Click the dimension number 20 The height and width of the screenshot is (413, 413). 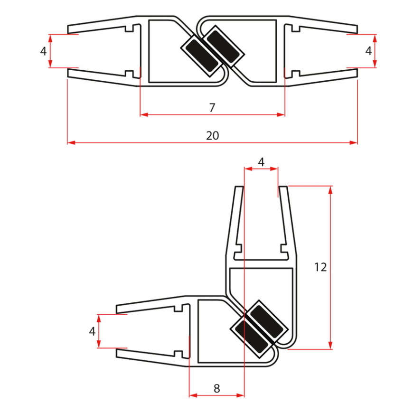pyautogui.click(x=212, y=135)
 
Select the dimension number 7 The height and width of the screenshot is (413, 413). pyautogui.click(x=212, y=108)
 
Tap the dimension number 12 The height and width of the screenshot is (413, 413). pyautogui.click(x=320, y=267)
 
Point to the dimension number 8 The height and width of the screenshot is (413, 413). pyautogui.click(x=216, y=388)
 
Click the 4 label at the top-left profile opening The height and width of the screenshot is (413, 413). pyautogui.click(x=44, y=51)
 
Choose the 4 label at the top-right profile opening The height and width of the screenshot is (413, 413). pyautogui.click(x=368, y=51)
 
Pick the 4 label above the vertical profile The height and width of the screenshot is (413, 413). pyautogui.click(x=261, y=162)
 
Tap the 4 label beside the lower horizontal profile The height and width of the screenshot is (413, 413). pyautogui.click(x=92, y=331)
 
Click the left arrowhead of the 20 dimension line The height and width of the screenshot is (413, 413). pyautogui.click(x=70, y=142)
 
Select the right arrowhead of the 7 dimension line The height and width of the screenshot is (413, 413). pyautogui.click(x=282, y=114)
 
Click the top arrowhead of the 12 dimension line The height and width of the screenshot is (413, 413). pyautogui.click(x=330, y=189)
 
